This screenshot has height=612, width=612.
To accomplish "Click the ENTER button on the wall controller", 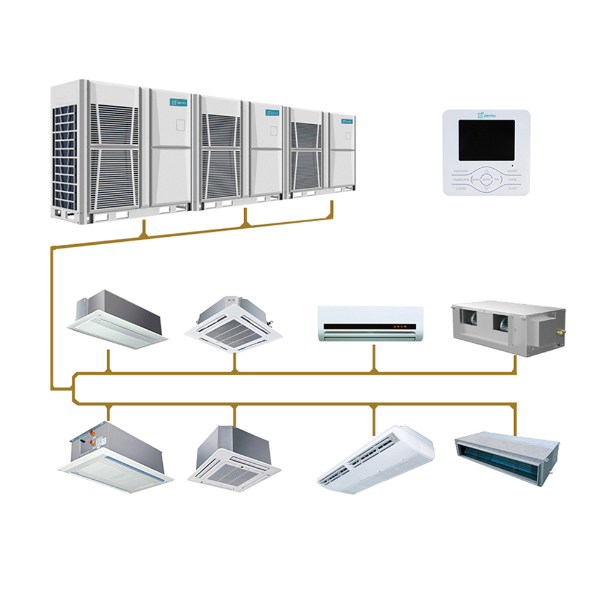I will [486, 179].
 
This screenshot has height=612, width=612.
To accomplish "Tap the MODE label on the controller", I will [512, 179].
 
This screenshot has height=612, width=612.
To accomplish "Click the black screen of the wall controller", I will [487, 140].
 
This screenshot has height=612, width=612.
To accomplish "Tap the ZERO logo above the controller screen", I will [487, 114].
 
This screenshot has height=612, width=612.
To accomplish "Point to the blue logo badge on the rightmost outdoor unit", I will [347, 121].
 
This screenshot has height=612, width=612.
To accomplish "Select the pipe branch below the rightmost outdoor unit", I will [331, 212].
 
